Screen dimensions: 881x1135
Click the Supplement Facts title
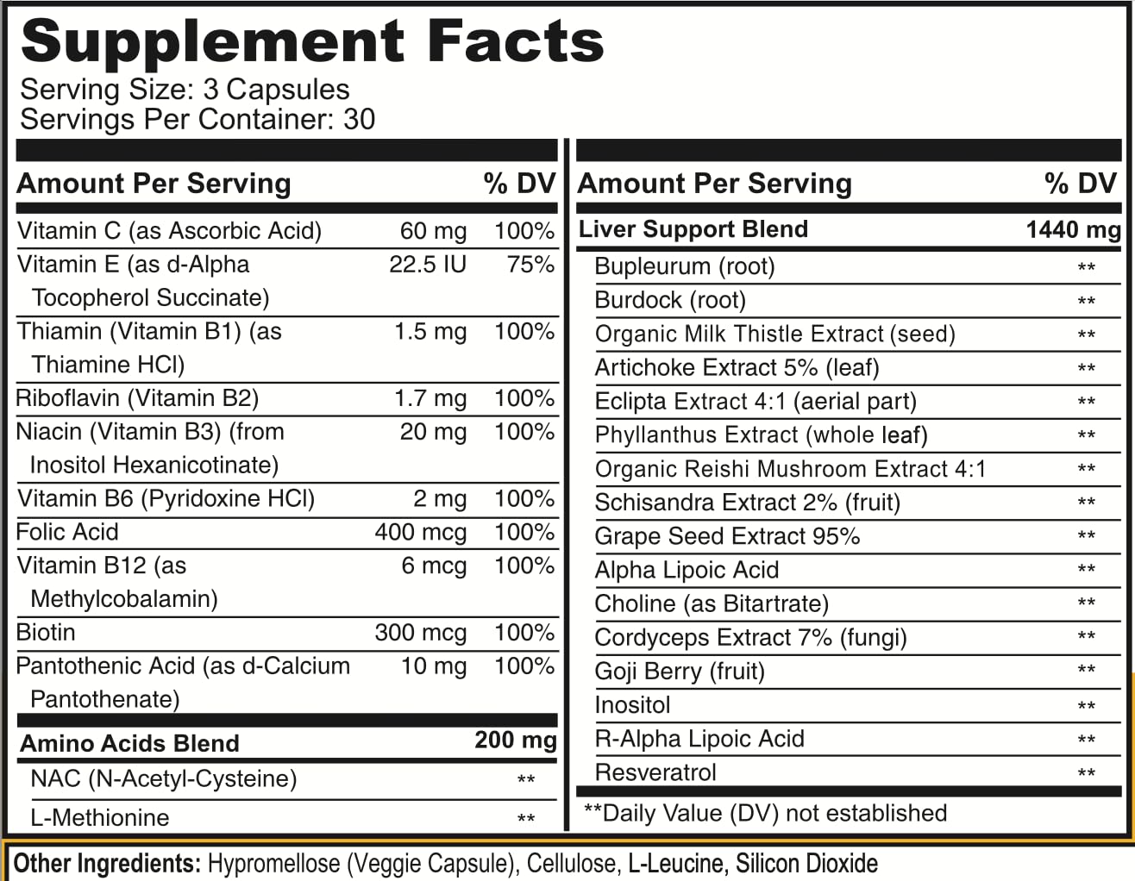(x=311, y=41)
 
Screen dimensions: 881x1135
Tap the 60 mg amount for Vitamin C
(x=433, y=231)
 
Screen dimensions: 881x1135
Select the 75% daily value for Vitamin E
(x=530, y=265)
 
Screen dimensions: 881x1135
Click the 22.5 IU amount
(x=428, y=265)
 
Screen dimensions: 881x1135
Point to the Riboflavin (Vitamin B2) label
(x=138, y=398)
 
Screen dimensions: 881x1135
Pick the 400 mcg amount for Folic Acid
(x=421, y=533)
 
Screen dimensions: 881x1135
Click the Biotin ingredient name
(x=46, y=633)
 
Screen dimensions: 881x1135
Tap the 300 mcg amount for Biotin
(x=421, y=633)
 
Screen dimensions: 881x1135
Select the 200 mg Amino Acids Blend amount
(x=515, y=740)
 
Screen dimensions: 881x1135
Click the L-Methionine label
(x=100, y=817)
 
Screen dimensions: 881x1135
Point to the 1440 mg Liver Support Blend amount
(x=1073, y=230)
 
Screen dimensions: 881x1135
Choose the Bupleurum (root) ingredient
(x=685, y=266)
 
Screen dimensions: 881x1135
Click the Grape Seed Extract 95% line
(x=727, y=536)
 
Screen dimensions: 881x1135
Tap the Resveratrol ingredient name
(x=655, y=772)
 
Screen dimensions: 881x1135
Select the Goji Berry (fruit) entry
(x=680, y=672)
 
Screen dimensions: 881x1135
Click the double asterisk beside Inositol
(x=1087, y=707)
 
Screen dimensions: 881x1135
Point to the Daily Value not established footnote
(x=765, y=813)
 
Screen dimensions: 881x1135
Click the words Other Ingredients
(x=107, y=863)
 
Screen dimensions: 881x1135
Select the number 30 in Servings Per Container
(x=359, y=119)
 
